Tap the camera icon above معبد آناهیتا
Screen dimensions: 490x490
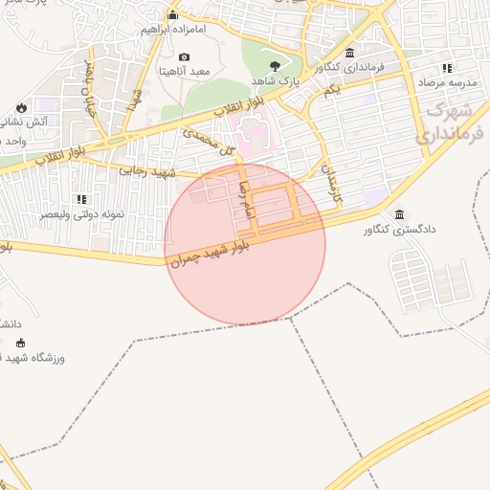pos(185,57)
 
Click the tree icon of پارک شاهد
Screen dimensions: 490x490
pos(276,65)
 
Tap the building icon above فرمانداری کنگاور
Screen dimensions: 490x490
pos(349,53)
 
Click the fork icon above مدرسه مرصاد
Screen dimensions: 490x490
pos(446,68)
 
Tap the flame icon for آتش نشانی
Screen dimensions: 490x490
pos(21,106)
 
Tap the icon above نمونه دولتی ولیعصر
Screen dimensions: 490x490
pos(81,199)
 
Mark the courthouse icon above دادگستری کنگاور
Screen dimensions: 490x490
pos(399,214)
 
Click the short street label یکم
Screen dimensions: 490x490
pos(331,89)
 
